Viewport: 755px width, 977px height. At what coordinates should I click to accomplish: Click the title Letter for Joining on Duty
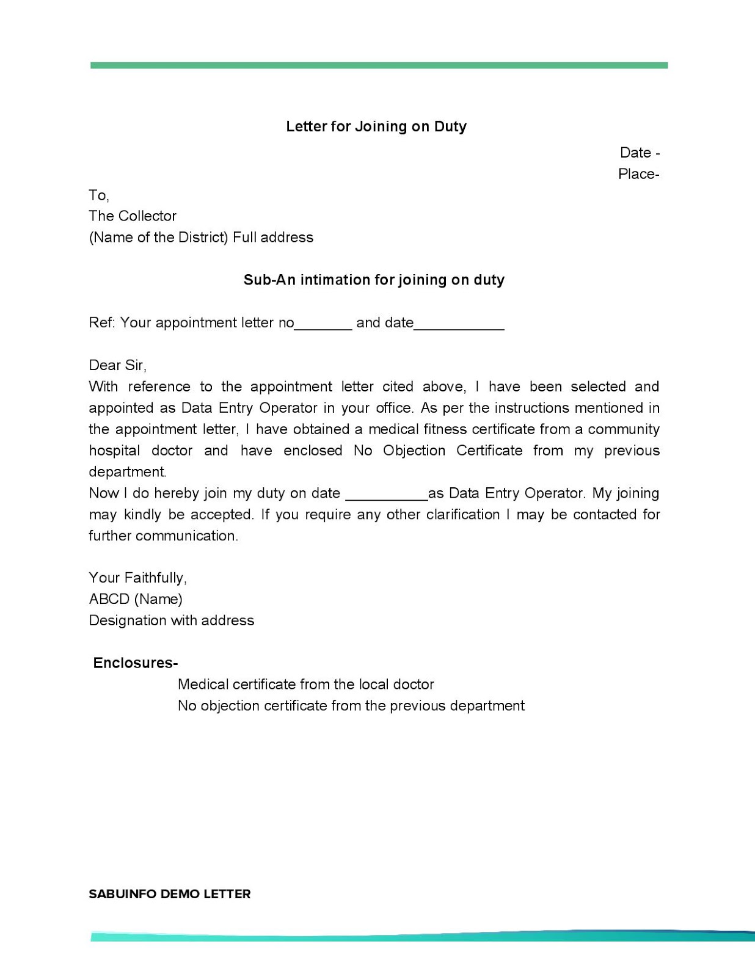(376, 126)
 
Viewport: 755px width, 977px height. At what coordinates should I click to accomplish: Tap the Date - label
(639, 153)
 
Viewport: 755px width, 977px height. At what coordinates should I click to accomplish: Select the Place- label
(638, 174)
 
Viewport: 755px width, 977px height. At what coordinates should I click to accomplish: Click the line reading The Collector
(133, 216)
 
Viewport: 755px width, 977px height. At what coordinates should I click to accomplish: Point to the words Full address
(273, 238)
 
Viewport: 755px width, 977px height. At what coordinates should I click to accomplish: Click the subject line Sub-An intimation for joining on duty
(374, 280)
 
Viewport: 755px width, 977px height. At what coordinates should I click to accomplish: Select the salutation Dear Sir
(117, 365)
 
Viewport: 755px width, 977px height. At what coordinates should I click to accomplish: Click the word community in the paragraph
(623, 429)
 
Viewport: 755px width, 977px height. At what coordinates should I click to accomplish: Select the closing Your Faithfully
(138, 578)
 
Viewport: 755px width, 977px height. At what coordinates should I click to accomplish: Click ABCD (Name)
(136, 599)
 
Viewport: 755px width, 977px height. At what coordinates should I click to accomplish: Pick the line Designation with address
(172, 620)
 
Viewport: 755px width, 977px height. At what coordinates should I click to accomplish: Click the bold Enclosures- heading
(135, 663)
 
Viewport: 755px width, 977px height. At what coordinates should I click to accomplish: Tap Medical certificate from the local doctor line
(305, 685)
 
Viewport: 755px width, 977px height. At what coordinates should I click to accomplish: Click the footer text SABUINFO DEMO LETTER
(170, 894)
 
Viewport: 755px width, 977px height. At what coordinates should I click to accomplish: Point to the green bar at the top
(379, 65)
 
